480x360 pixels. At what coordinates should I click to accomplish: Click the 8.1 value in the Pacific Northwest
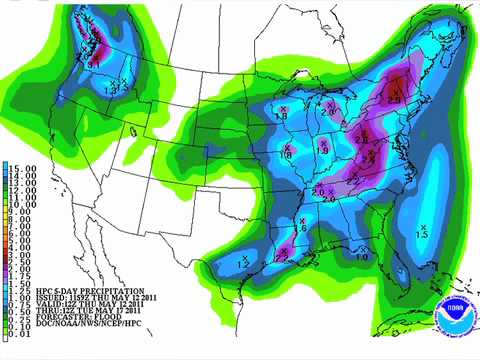click(93, 62)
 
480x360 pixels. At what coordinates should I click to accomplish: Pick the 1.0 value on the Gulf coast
click(363, 258)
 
